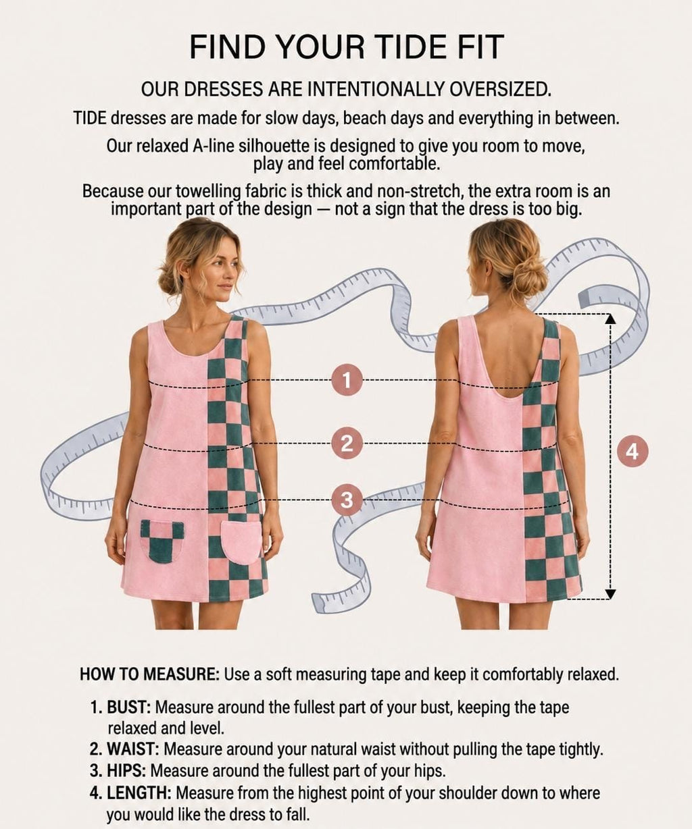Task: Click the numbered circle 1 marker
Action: [347, 381]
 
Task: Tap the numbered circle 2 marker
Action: [347, 443]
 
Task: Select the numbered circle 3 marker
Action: [347, 500]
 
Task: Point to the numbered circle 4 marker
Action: [633, 452]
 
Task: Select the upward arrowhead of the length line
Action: [610, 319]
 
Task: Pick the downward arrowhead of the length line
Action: [610, 594]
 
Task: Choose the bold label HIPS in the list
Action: [126, 771]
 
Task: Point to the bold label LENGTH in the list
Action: [139, 793]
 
